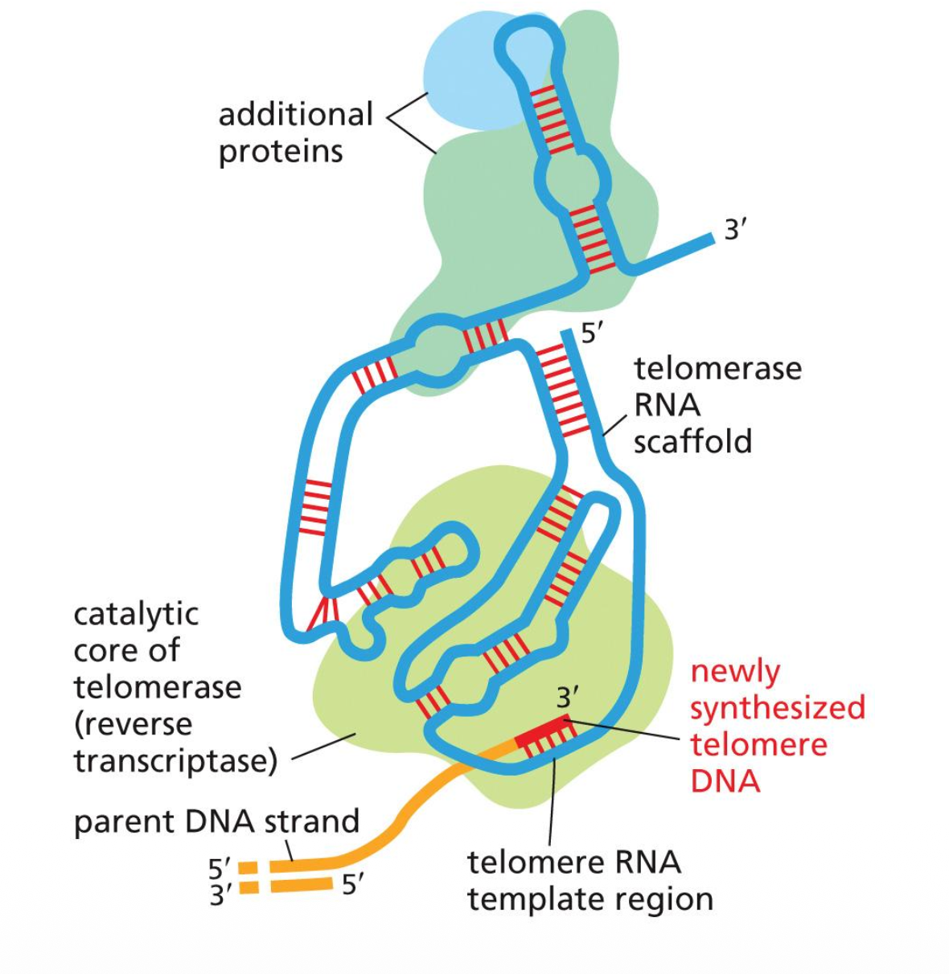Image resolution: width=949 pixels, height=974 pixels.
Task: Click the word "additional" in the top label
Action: [x=295, y=114]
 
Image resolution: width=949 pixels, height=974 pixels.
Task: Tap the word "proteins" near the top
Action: [x=281, y=151]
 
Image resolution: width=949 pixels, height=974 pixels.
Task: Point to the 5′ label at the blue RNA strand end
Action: [x=592, y=333]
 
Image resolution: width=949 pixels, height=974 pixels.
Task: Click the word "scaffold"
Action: [x=692, y=441]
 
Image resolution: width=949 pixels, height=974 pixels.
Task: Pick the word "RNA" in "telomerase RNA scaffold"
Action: [x=667, y=405]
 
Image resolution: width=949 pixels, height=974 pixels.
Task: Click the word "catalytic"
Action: [x=136, y=614]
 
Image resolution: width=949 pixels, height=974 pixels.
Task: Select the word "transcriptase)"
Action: [x=175, y=760]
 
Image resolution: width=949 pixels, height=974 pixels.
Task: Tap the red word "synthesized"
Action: [x=778, y=707]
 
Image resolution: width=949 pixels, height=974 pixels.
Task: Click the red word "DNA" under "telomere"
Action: [x=725, y=780]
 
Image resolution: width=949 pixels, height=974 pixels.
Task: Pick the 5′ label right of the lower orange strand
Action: [x=353, y=885]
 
